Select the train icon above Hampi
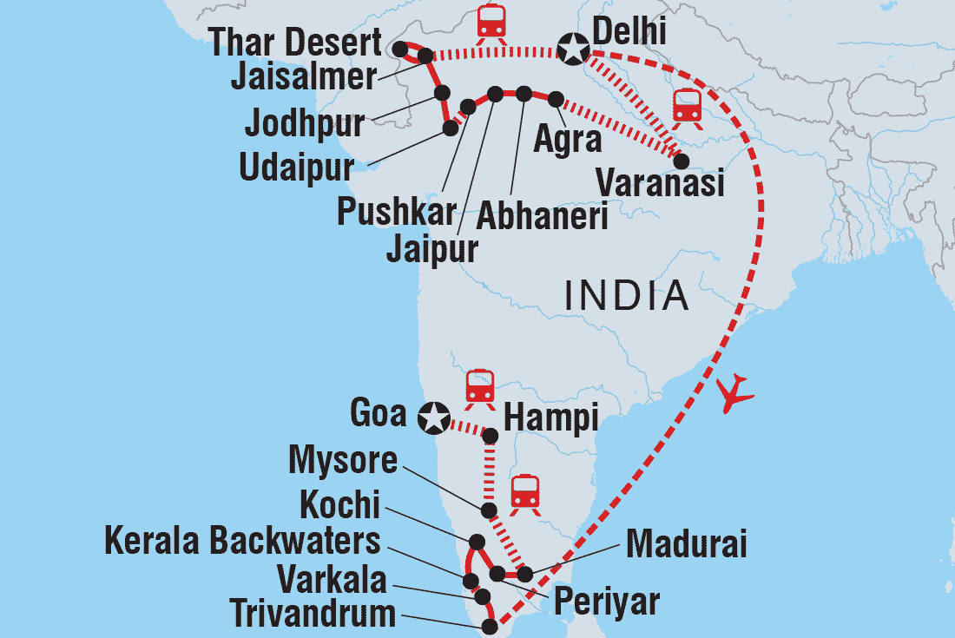[x=479, y=386]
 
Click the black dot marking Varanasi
[x=682, y=161]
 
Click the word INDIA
[x=627, y=296]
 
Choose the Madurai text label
[x=686, y=546]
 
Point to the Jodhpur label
[x=304, y=123]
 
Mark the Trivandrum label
[x=313, y=615]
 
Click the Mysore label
[x=342, y=460]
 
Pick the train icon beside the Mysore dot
[x=525, y=492]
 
